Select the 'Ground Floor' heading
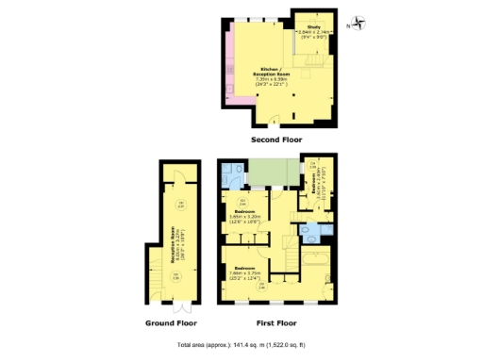pos(172,321)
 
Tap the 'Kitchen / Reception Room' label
pos(271,72)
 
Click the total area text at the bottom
pos(241,346)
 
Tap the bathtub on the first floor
pos(313,260)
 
